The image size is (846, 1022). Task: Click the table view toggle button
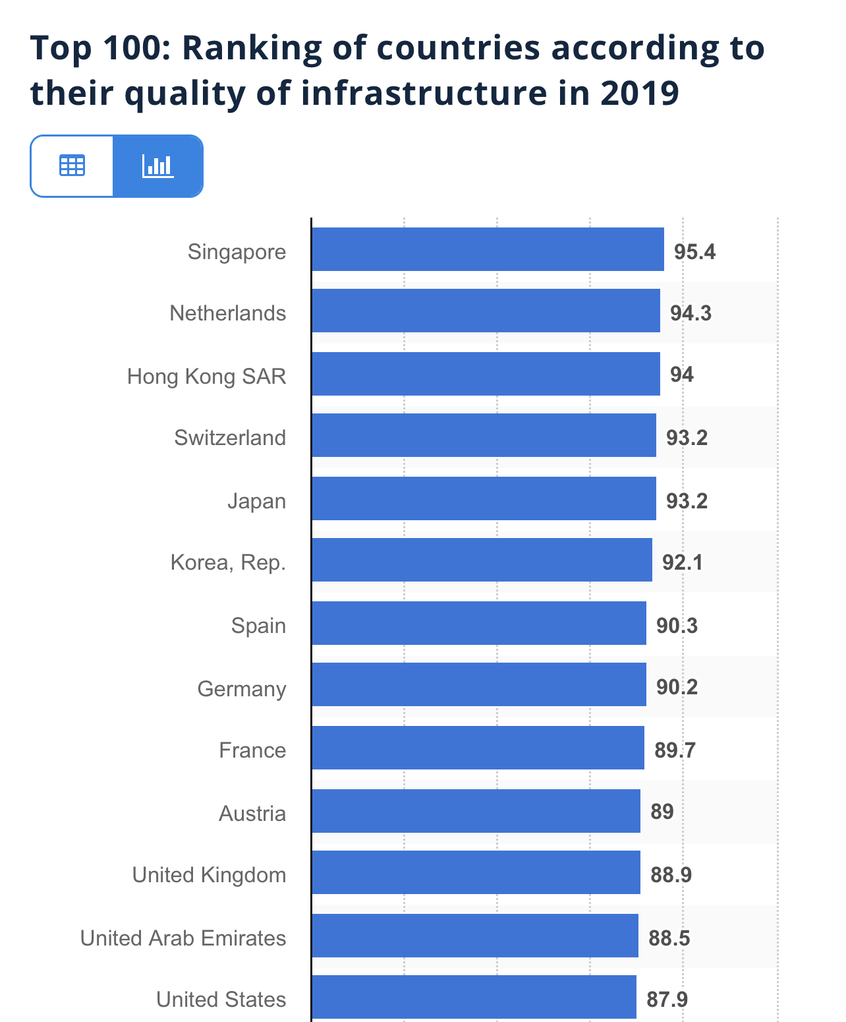72,166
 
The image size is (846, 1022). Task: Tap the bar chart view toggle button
157,166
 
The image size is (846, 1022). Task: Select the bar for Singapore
488,249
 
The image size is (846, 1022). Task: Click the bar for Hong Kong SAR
486,374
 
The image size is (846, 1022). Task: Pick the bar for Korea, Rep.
482,560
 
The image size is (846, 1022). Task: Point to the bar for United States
474,997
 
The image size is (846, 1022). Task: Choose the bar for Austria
476,811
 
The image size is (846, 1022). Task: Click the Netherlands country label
228,313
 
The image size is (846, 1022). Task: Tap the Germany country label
242,688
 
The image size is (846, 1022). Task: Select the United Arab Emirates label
183,938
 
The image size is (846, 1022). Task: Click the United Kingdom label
210,875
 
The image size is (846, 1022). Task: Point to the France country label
252,750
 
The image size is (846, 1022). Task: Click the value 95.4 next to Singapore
694,251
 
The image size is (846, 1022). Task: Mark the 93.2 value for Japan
687,501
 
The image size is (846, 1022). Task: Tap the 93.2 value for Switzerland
687,438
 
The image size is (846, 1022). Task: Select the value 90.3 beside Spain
677,626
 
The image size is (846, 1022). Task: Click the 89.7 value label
675,750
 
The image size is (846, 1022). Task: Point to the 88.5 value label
669,938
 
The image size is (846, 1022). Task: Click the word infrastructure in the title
424,92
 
